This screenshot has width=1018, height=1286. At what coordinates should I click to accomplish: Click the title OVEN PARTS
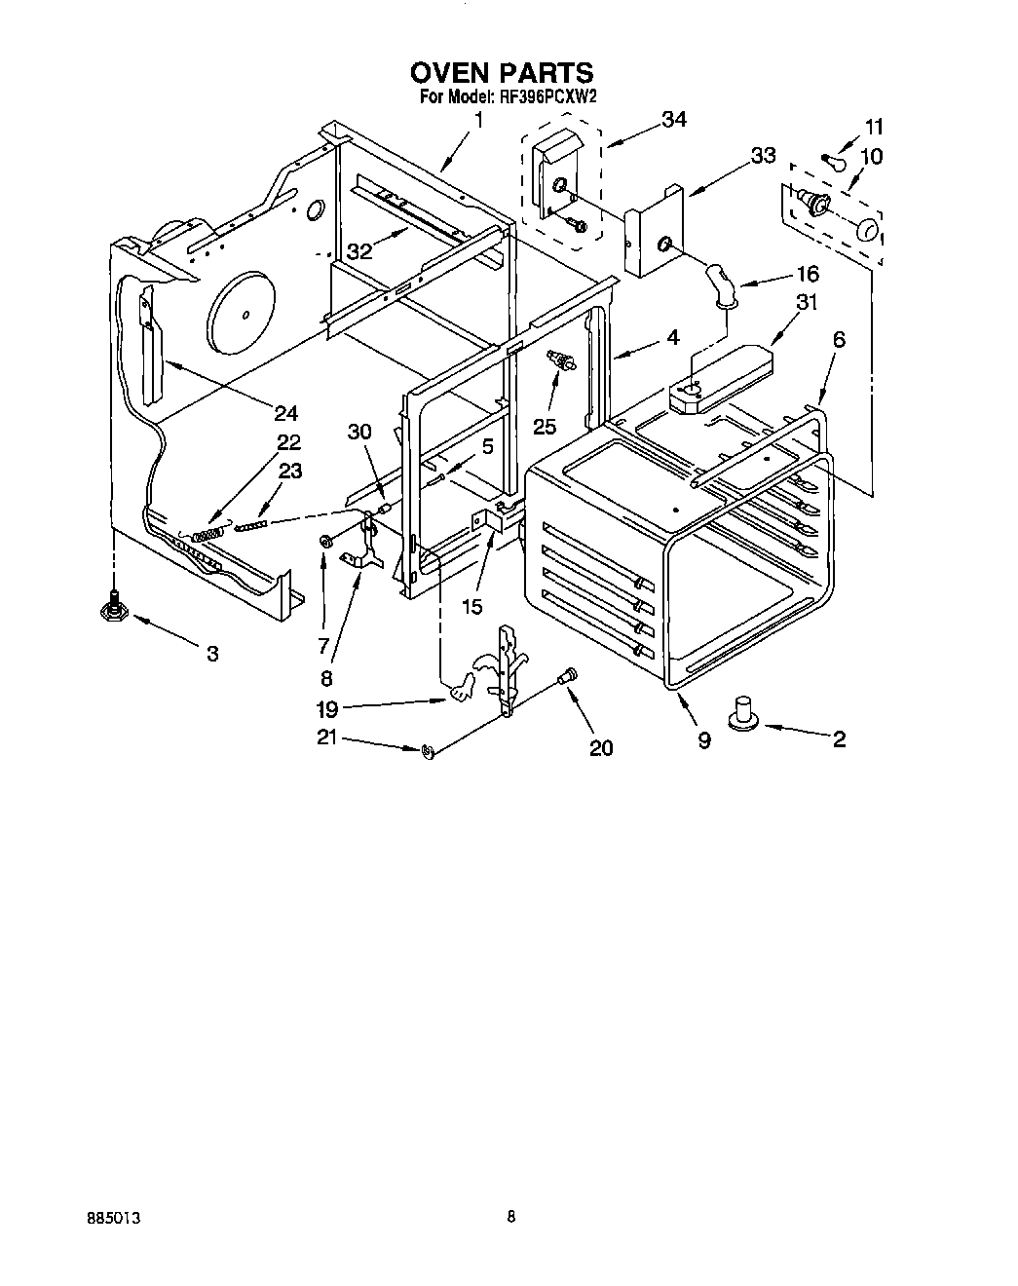pos(501,73)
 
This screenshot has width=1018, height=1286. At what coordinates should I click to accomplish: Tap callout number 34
pos(673,119)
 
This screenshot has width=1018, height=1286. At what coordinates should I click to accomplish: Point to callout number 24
pos(284,413)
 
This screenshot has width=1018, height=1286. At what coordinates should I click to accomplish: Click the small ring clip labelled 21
pos(428,750)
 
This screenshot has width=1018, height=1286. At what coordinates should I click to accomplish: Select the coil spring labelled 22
pos(207,534)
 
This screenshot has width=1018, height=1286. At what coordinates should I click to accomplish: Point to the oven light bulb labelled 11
pos(830,160)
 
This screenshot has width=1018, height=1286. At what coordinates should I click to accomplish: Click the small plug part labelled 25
pos(563,361)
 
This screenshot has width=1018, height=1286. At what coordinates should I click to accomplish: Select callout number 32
pos(359,250)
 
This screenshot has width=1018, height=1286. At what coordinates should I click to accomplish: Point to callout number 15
pos(471,606)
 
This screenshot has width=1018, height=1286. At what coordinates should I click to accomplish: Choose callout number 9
pos(703,739)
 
